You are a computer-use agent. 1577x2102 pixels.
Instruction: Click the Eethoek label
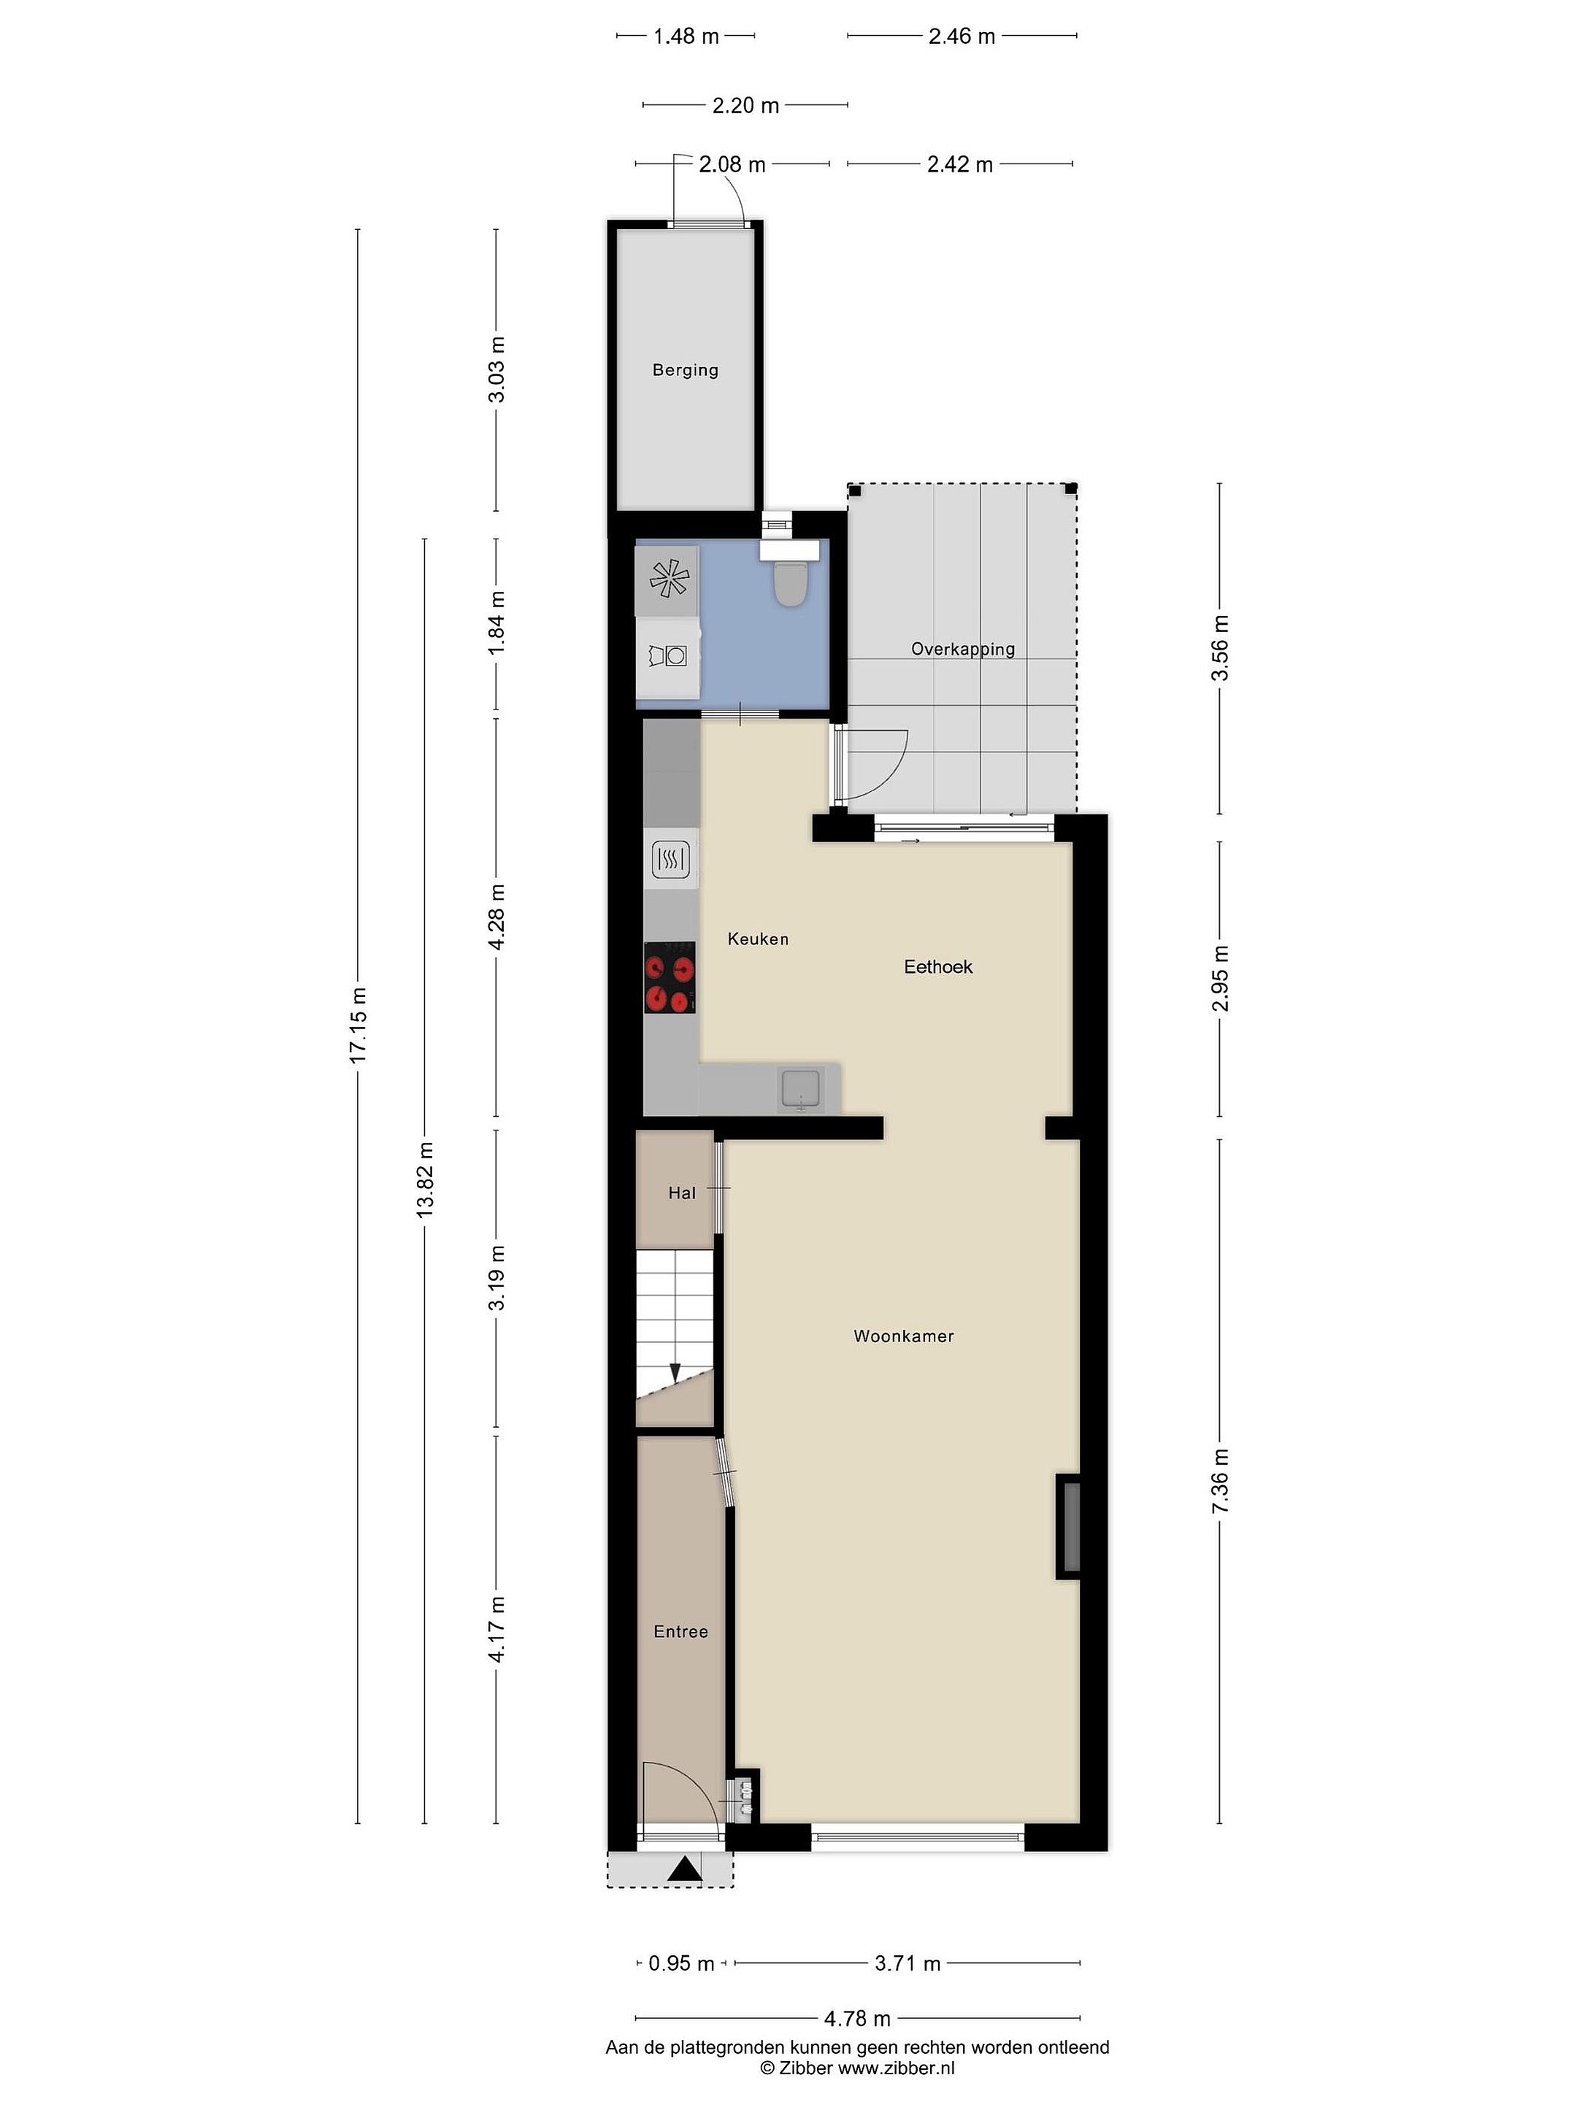click(938, 966)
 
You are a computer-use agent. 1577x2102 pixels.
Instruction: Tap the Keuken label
click(758, 939)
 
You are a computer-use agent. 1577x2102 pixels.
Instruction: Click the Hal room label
click(682, 1193)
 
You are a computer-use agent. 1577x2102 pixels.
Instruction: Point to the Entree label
click(680, 1632)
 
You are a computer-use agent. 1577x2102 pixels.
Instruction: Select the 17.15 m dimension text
click(358, 1025)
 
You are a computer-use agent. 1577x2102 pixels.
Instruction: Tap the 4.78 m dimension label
click(857, 2017)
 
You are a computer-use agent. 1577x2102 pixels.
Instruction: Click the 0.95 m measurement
click(682, 1963)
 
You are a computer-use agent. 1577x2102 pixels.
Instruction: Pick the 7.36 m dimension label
click(1219, 1482)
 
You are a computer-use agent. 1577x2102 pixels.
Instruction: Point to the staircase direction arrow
click(675, 1372)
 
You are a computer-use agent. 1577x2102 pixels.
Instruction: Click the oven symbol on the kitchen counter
click(671, 860)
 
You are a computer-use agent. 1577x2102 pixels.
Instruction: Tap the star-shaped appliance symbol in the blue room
click(667, 578)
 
